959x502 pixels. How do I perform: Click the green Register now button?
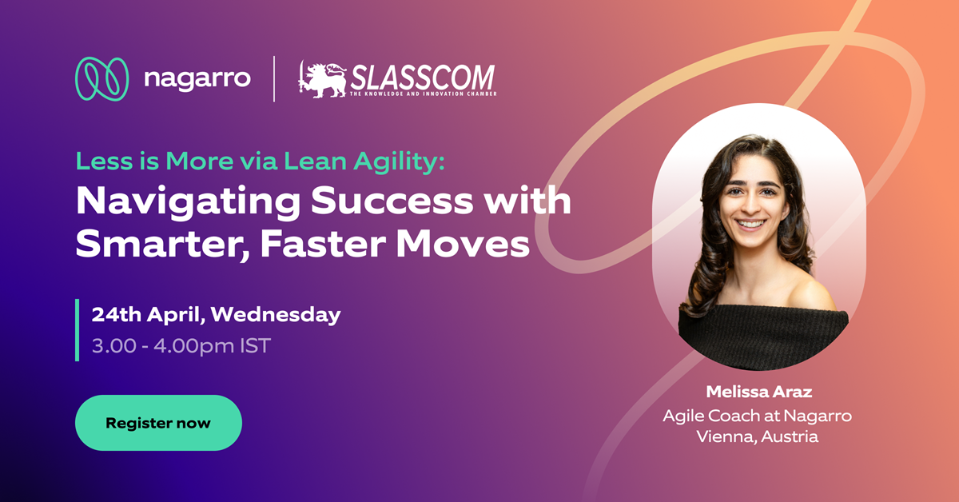[158, 423]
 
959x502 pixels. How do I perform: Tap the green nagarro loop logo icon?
[101, 79]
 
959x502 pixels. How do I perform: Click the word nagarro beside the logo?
[197, 79]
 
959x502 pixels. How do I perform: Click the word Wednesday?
[276, 314]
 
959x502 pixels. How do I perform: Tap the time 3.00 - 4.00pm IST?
[181, 346]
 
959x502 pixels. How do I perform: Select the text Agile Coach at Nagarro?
[757, 416]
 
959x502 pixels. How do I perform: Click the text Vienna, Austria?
[757, 437]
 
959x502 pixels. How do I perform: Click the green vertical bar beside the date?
[78, 330]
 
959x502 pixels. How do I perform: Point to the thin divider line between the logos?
[274, 79]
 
